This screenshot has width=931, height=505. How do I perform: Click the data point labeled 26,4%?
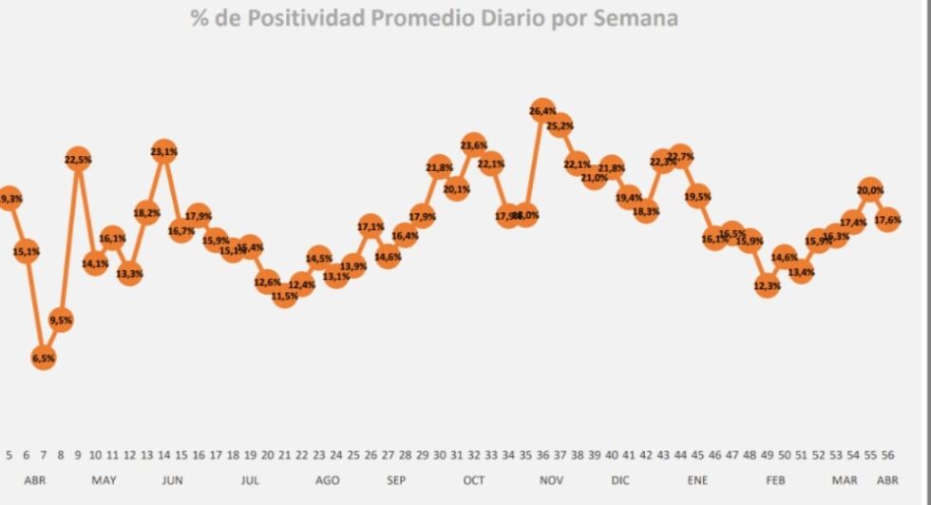pyautogui.click(x=542, y=110)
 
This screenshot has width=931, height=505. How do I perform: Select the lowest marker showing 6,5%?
pyautogui.click(x=44, y=358)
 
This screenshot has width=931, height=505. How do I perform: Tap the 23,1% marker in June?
pyautogui.click(x=163, y=151)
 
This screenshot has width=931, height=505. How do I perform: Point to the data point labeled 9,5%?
pyautogui.click(x=61, y=320)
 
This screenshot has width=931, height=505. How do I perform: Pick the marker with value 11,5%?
pyautogui.click(x=284, y=297)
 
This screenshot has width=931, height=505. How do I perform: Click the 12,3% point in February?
pyautogui.click(x=767, y=285)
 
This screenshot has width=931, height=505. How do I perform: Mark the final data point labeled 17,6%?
pyautogui.click(x=887, y=220)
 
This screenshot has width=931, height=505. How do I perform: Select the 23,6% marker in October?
pyautogui.click(x=473, y=146)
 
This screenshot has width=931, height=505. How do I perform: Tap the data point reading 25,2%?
pyautogui.click(x=560, y=125)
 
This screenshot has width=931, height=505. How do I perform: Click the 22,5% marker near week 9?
pyautogui.click(x=78, y=160)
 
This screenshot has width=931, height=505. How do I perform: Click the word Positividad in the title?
pyautogui.click(x=296, y=18)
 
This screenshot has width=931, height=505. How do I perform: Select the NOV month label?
pyautogui.click(x=551, y=480)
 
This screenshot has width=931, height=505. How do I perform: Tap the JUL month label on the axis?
pyautogui.click(x=250, y=480)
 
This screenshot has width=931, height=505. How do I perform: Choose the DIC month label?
pyautogui.click(x=619, y=480)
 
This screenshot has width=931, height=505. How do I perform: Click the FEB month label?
pyautogui.click(x=774, y=480)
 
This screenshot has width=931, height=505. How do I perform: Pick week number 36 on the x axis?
pyautogui.click(x=542, y=455)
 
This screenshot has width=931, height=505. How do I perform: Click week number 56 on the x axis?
pyautogui.click(x=887, y=455)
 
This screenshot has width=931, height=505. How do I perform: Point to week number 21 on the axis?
pyautogui.click(x=284, y=455)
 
